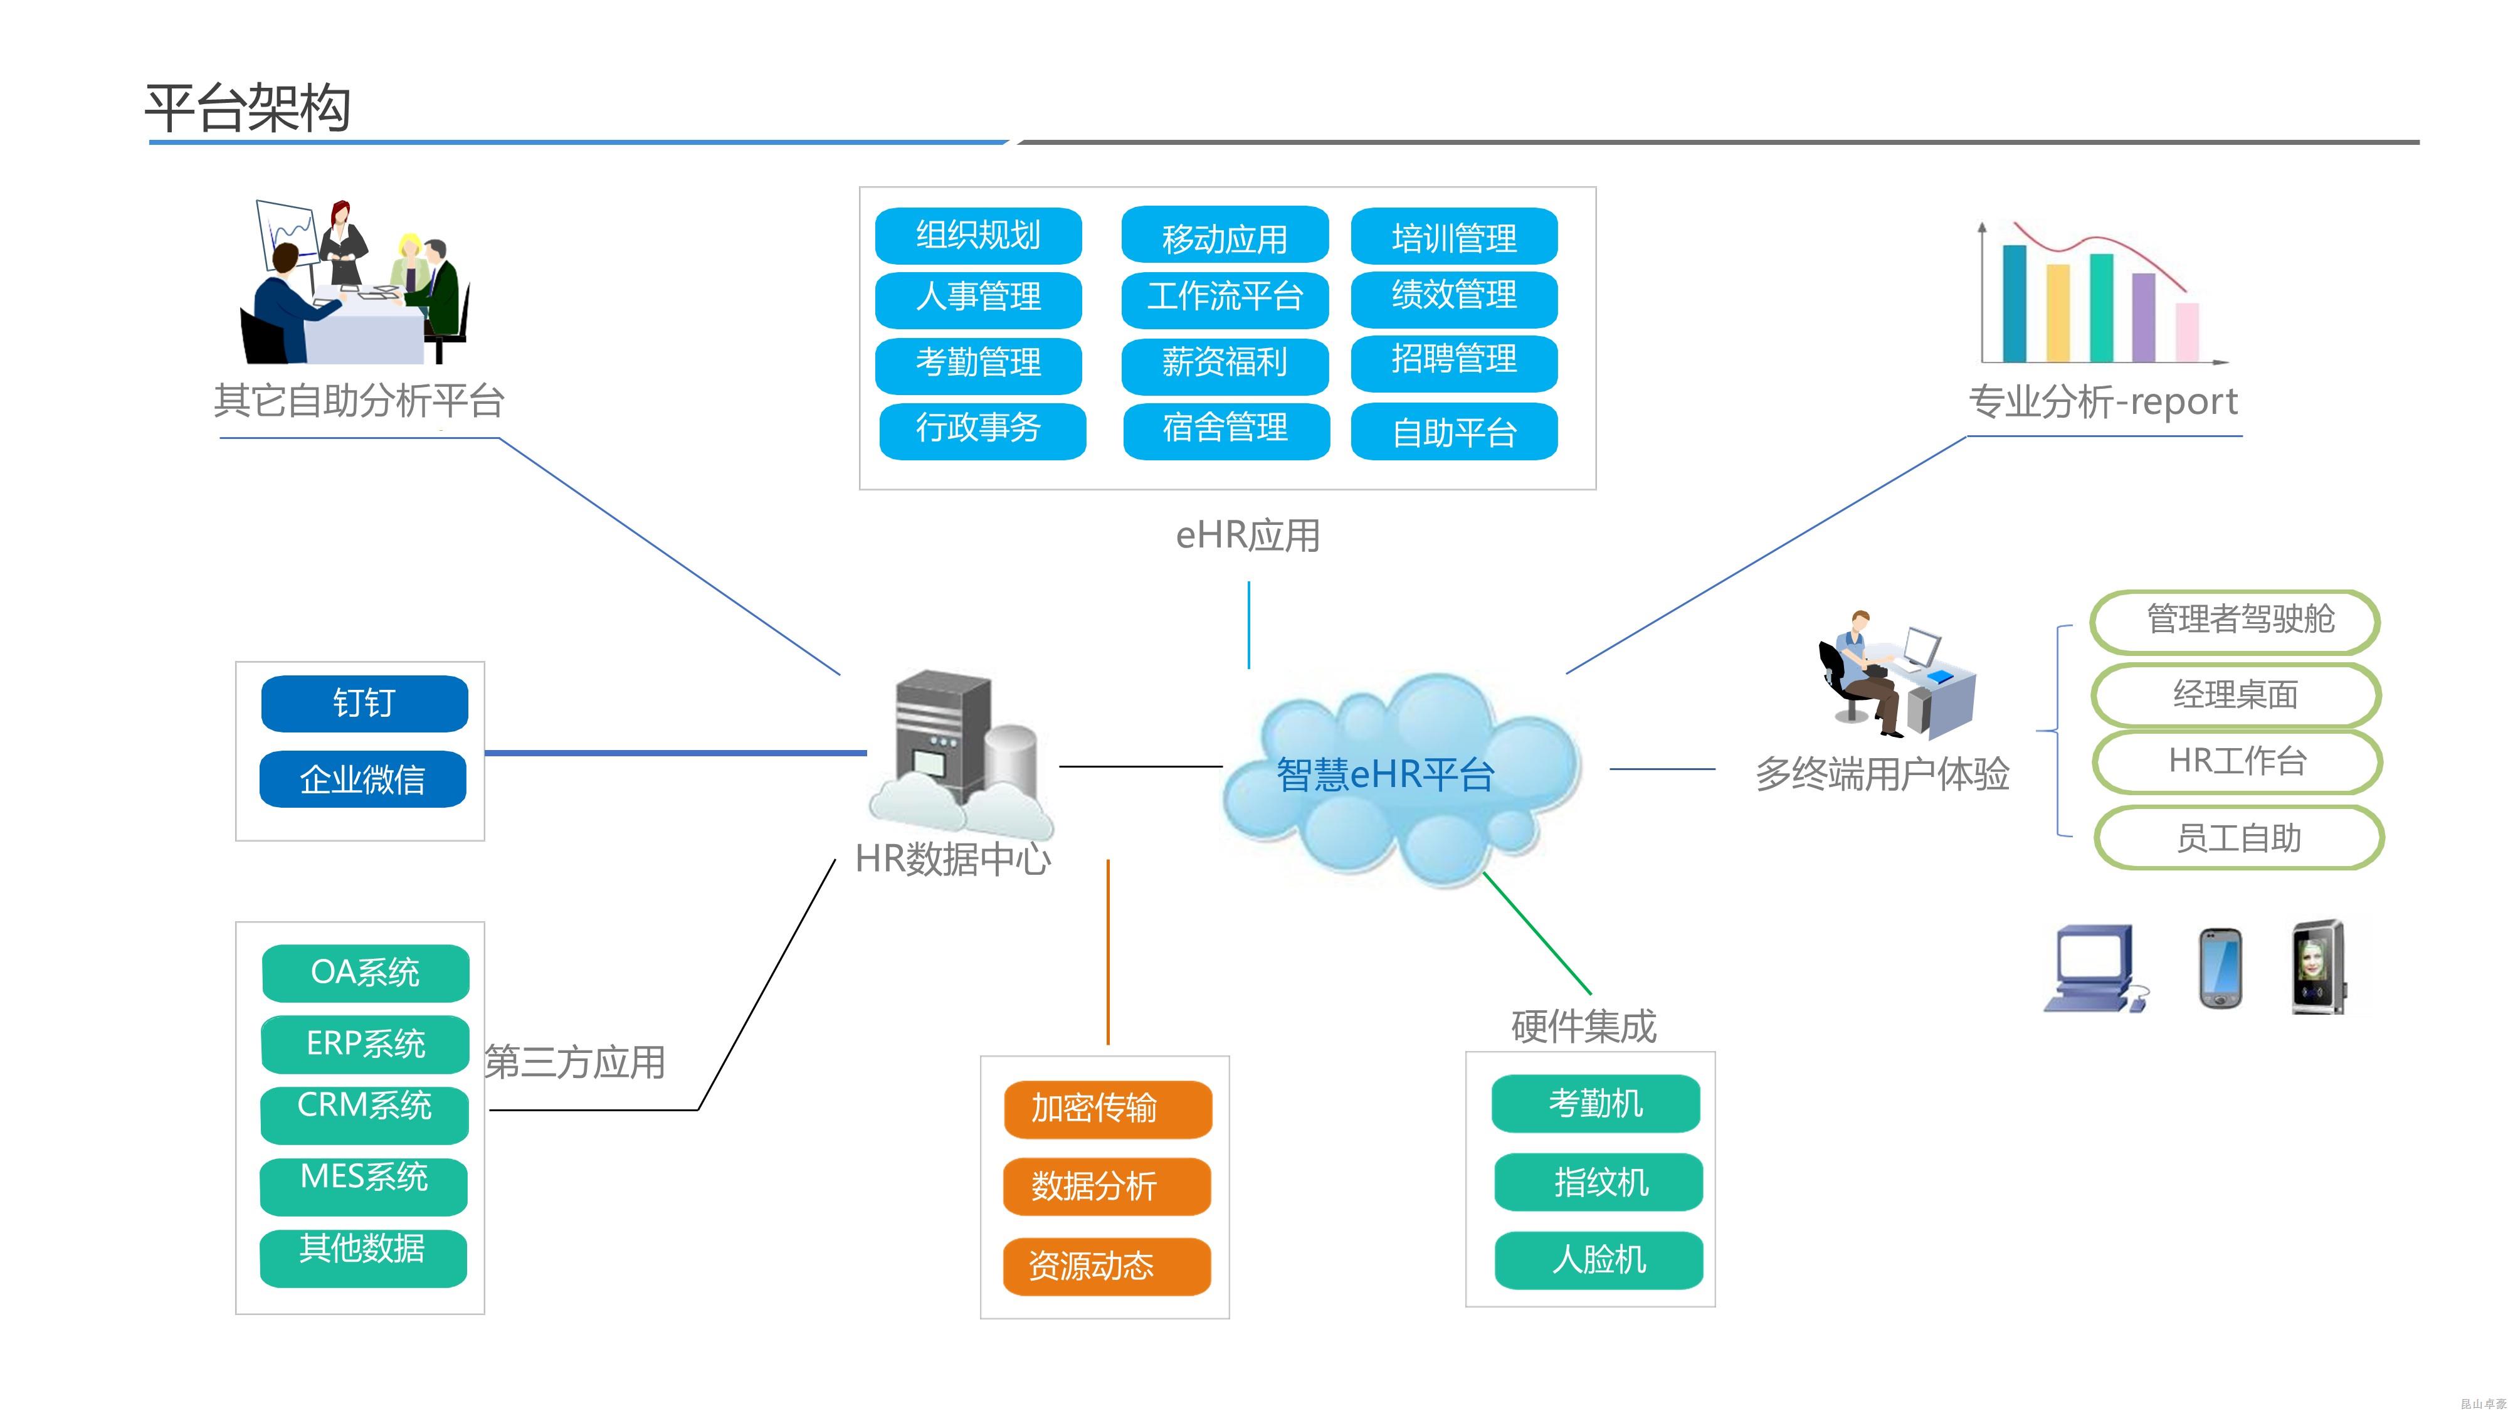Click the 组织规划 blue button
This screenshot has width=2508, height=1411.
979,236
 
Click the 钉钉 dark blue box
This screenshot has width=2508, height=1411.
364,703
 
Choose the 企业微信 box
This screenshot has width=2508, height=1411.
362,779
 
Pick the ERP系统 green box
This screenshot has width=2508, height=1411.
365,1044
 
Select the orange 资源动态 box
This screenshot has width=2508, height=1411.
1107,1266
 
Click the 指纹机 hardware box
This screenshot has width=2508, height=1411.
1599,1182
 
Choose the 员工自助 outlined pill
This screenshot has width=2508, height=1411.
2238,837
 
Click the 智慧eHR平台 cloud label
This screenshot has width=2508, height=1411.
1384,775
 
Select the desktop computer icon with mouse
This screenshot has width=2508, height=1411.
2094,969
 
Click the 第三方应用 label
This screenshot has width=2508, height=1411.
574,1062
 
